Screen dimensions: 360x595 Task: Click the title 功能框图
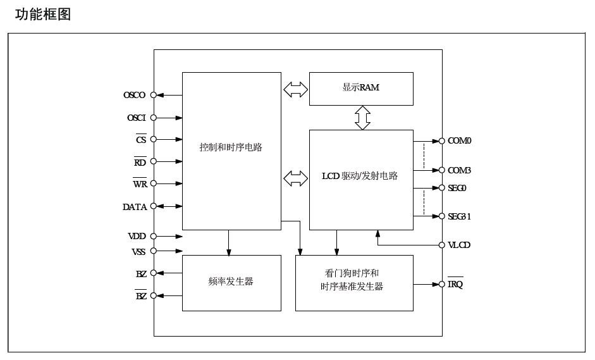point(43,14)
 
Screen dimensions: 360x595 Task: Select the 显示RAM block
point(361,88)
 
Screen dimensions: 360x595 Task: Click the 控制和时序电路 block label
point(231,147)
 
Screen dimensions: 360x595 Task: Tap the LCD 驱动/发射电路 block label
point(360,176)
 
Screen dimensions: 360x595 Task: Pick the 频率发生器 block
point(231,282)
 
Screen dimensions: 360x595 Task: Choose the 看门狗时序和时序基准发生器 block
point(353,280)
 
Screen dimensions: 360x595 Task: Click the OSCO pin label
point(134,96)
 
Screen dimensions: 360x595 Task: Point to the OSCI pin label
point(136,118)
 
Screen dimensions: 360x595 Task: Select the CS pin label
point(141,140)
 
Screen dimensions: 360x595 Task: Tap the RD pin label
point(140,163)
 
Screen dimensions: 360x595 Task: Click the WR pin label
point(140,184)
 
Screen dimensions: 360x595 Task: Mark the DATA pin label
point(135,207)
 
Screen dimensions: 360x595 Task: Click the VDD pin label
point(137,236)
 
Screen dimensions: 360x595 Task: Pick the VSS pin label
point(138,252)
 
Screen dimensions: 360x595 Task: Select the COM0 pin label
point(460,140)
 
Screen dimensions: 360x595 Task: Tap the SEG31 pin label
point(460,216)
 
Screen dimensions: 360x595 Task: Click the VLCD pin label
point(459,245)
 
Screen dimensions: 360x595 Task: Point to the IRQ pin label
point(455,285)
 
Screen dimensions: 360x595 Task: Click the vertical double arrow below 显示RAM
point(362,118)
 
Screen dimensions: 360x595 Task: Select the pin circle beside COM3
point(441,170)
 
